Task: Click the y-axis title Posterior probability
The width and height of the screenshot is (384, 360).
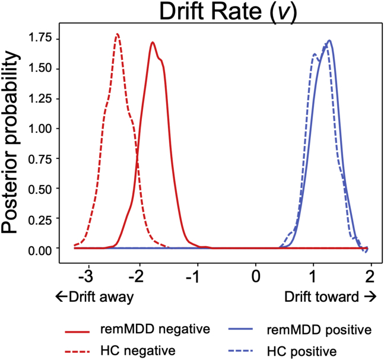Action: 13,142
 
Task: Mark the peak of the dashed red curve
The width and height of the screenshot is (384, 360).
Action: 117,34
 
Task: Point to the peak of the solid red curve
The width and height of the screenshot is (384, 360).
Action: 153,42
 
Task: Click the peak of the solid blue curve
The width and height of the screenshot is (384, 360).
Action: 329,40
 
